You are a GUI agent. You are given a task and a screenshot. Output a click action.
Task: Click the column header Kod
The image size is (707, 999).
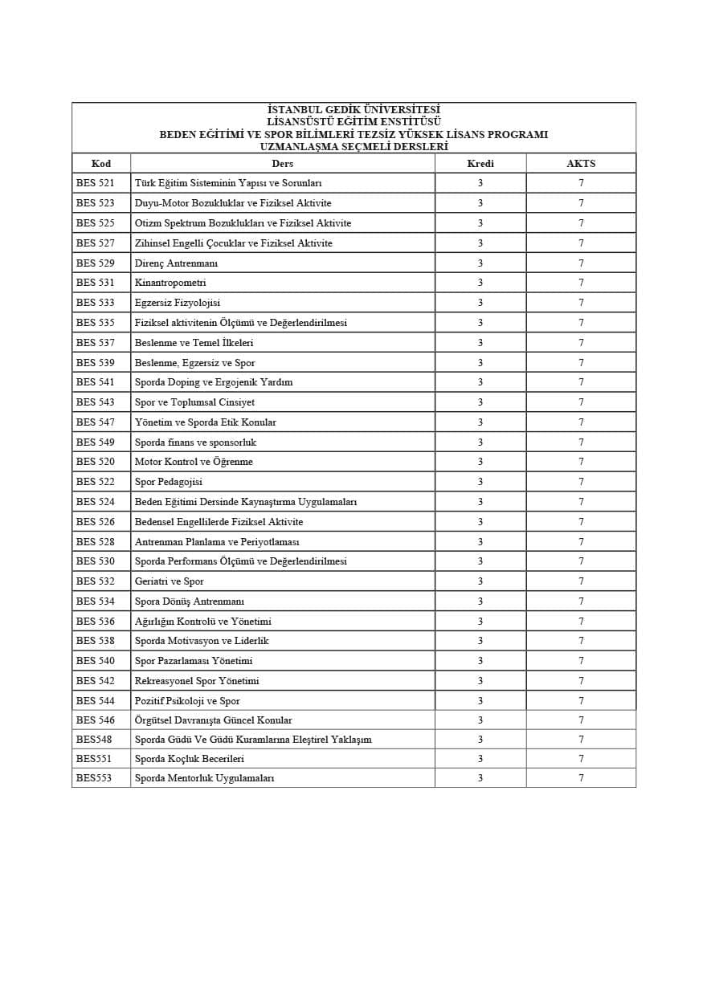(x=101, y=163)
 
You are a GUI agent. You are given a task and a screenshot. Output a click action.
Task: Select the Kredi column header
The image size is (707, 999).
(x=480, y=163)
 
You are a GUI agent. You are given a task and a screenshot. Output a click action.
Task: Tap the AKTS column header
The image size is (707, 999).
(x=581, y=163)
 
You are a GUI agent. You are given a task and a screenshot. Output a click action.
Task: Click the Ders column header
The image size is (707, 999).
(x=282, y=163)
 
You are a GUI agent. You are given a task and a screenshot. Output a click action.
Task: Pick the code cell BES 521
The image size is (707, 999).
(x=96, y=183)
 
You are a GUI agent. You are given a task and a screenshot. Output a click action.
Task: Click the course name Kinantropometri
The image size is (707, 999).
(x=170, y=283)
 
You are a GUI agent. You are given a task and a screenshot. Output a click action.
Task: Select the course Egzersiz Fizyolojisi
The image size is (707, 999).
(x=178, y=303)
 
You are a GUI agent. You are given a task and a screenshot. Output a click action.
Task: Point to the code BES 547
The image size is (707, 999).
(x=96, y=422)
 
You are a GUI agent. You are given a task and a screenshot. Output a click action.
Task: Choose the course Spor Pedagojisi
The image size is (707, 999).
(x=169, y=482)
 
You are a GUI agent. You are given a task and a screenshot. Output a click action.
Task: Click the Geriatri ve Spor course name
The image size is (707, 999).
(x=170, y=581)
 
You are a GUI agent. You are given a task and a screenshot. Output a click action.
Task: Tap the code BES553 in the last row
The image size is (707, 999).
(x=94, y=778)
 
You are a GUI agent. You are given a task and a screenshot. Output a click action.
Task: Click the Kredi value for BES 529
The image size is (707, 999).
(x=480, y=263)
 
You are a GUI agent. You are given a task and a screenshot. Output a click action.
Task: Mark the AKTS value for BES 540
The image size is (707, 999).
(x=581, y=661)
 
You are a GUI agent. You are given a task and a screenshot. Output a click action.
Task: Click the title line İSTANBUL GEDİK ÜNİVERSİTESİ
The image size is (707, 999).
(x=353, y=109)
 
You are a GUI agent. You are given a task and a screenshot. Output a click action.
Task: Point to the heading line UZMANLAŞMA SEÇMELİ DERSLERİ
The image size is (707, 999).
(x=353, y=146)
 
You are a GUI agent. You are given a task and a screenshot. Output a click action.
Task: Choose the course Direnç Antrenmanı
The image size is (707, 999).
(x=177, y=263)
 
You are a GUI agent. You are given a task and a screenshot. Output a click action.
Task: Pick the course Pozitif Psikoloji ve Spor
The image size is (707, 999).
(x=187, y=701)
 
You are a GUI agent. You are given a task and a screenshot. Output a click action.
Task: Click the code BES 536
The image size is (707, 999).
(x=96, y=622)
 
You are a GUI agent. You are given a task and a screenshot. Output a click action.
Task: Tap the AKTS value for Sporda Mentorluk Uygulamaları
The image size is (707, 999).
(x=581, y=778)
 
